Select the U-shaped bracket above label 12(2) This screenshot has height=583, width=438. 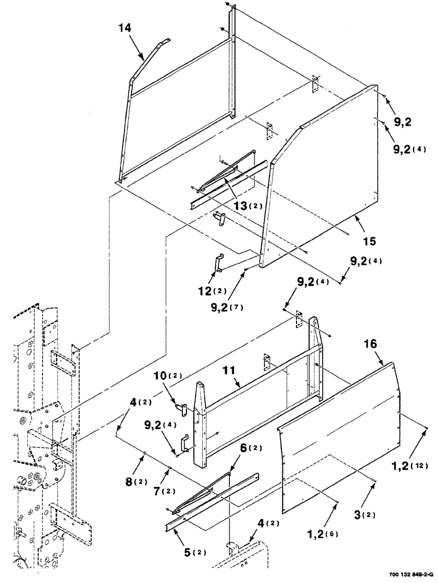point(217,262)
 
